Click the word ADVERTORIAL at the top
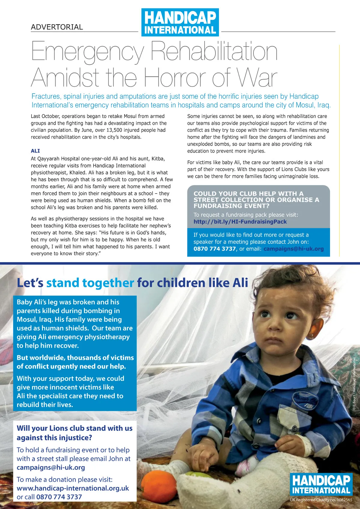[x=57, y=27]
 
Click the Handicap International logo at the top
[x=180, y=23]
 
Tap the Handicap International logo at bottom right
[x=321, y=484]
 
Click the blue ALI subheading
[x=35, y=151]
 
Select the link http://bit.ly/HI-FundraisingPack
[x=240, y=222]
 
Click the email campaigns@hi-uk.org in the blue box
[x=293, y=249]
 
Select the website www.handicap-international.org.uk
[x=73, y=488]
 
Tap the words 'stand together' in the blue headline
[x=90, y=283]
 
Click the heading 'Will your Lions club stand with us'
[x=74, y=428]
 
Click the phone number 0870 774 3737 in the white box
[x=59, y=497]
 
